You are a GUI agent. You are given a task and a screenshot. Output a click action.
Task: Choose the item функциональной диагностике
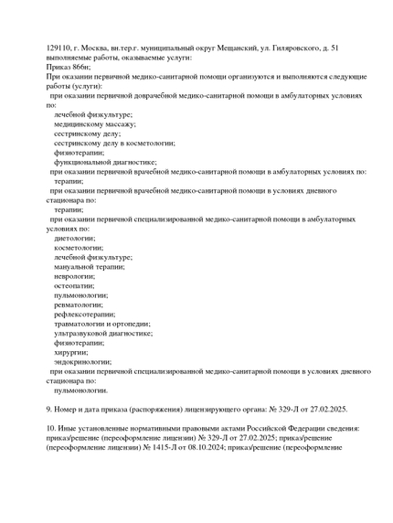tap(104, 162)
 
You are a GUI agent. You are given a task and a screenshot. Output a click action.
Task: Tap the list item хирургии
tap(70, 352)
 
